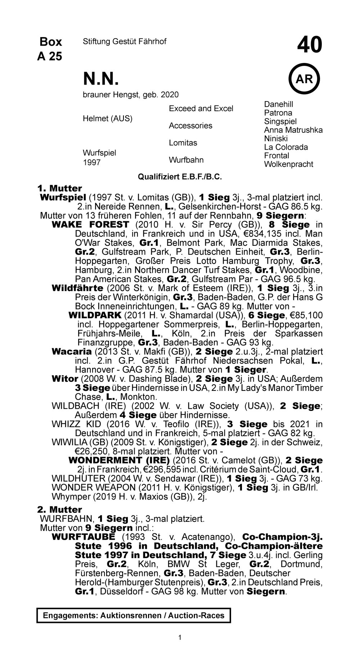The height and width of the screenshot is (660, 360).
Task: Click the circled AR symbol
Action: click(304, 79)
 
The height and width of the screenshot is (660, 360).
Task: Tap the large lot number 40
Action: click(310, 46)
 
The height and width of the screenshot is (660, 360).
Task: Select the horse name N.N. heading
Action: click(101, 78)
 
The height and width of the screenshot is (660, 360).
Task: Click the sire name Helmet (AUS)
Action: click(108, 118)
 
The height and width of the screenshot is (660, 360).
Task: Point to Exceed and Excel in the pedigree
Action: click(201, 109)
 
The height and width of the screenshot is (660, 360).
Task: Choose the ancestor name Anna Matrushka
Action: click(293, 130)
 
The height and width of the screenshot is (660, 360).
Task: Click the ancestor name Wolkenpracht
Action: click(288, 164)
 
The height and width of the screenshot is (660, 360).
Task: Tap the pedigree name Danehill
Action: click(279, 104)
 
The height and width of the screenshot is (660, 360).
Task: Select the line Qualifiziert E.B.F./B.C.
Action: click(180, 177)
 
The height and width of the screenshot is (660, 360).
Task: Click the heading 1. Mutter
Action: click(59, 188)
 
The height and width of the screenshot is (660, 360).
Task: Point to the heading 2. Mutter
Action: click(59, 510)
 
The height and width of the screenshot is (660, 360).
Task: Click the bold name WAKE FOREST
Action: click(90, 225)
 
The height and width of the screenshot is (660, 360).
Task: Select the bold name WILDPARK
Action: click(95, 316)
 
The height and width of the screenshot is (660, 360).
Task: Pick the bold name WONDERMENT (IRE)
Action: click(119, 461)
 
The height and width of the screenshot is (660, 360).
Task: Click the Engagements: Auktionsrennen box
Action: click(134, 615)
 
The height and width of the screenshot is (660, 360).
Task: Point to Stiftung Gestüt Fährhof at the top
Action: click(125, 42)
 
